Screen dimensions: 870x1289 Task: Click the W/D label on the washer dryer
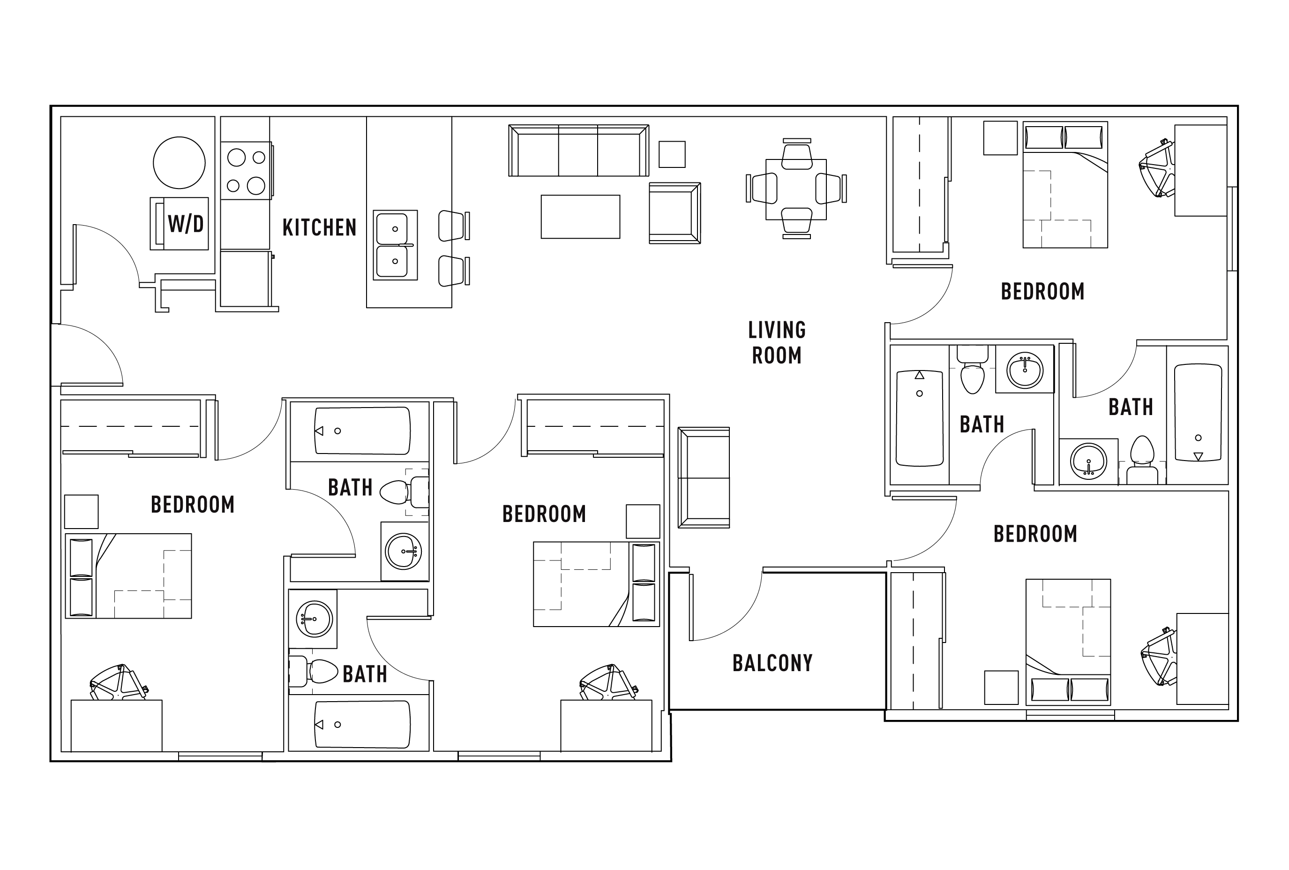coord(185,224)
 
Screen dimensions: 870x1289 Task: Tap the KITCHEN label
coord(319,227)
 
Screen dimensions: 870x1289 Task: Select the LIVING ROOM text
coord(776,342)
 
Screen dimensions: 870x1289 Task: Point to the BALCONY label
coord(772,663)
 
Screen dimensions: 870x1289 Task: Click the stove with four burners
coord(246,170)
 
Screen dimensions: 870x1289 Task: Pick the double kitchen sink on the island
coord(394,245)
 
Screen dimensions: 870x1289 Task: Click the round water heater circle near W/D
coord(179,163)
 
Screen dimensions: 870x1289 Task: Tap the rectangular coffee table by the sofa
coord(580,216)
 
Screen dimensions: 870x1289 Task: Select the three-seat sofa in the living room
coord(578,151)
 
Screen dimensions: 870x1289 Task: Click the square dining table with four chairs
coord(795,189)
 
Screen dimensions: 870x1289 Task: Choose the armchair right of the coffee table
coord(674,213)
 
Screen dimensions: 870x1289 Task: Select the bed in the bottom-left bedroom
coord(128,576)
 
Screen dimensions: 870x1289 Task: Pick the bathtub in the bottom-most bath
coord(362,724)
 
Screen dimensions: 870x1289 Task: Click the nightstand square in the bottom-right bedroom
coord(1001,688)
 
